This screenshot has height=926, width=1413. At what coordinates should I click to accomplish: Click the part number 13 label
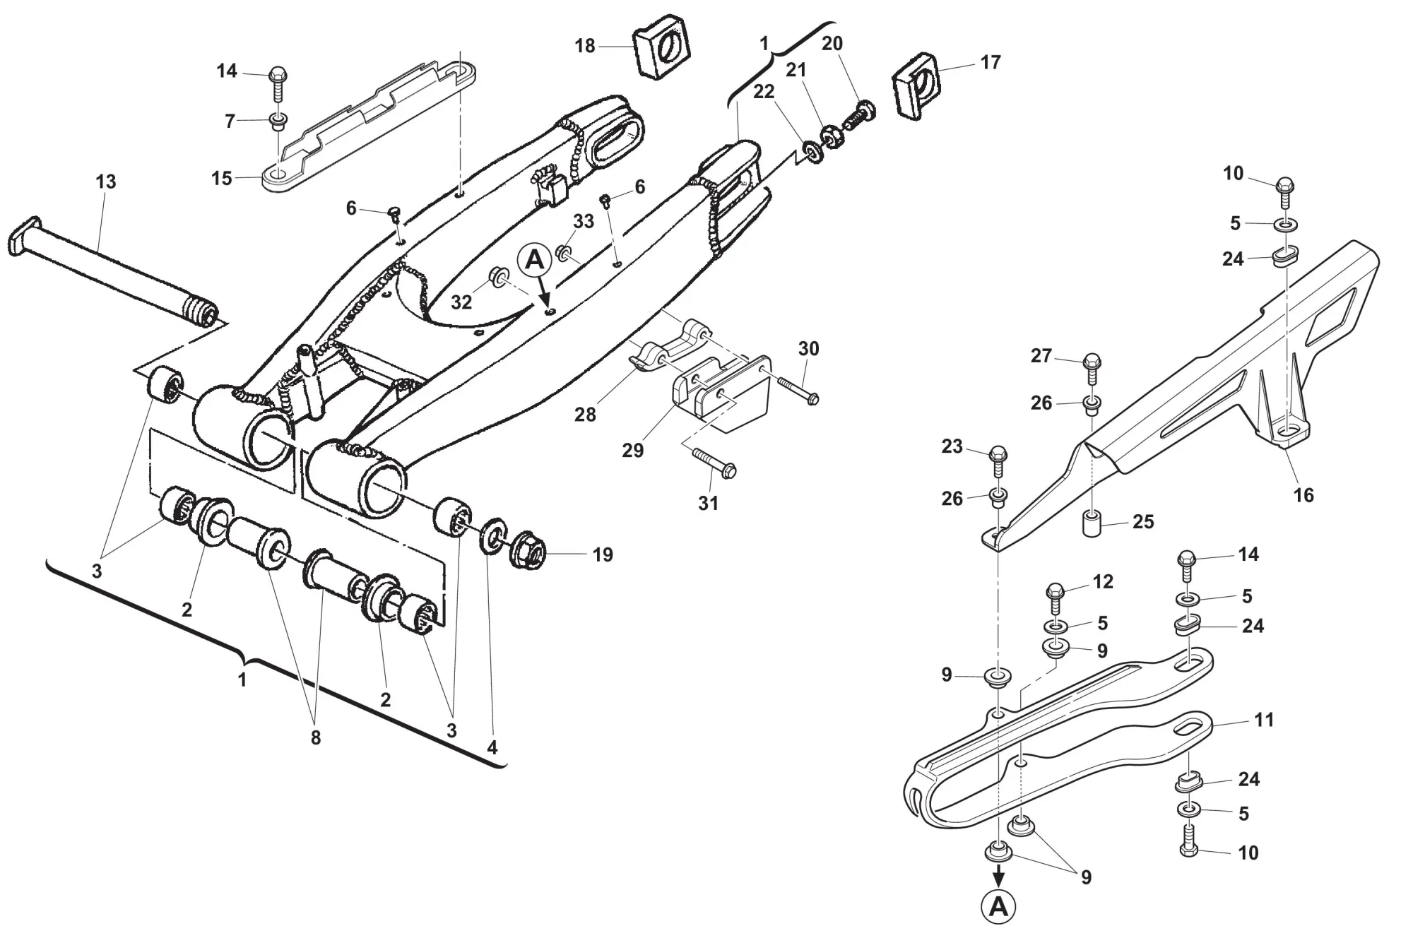(105, 182)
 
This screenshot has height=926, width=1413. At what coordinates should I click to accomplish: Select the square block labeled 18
(661, 49)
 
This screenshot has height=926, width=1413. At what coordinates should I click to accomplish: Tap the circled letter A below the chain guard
(998, 906)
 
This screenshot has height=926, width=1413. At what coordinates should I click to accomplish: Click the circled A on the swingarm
(536, 261)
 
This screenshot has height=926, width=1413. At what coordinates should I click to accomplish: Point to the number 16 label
(1303, 495)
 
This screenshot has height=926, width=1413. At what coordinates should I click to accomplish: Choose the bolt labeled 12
(1055, 599)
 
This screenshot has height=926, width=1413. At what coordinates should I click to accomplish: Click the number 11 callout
(1263, 720)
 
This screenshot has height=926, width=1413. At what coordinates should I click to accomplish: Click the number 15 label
(222, 178)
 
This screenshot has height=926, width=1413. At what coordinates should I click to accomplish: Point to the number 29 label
(632, 450)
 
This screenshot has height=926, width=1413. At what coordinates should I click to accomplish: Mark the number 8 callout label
(315, 737)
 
